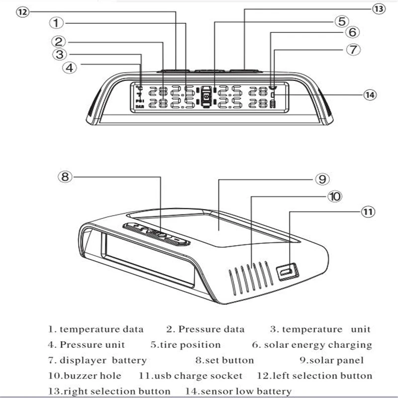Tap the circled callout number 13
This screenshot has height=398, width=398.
(379, 9)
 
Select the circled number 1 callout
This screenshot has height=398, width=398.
(58, 23)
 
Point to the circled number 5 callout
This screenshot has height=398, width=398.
(340, 21)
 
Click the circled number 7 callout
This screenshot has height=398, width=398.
(352, 50)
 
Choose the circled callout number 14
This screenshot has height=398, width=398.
(369, 95)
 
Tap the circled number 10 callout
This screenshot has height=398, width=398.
(334, 197)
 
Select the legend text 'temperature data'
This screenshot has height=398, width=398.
(101, 329)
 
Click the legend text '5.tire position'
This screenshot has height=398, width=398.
(185, 345)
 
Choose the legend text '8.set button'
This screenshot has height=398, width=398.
(224, 360)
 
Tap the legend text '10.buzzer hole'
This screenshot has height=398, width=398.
(85, 376)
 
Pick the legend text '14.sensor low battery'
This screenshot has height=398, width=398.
(238, 392)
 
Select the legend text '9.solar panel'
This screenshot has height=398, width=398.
(331, 360)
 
